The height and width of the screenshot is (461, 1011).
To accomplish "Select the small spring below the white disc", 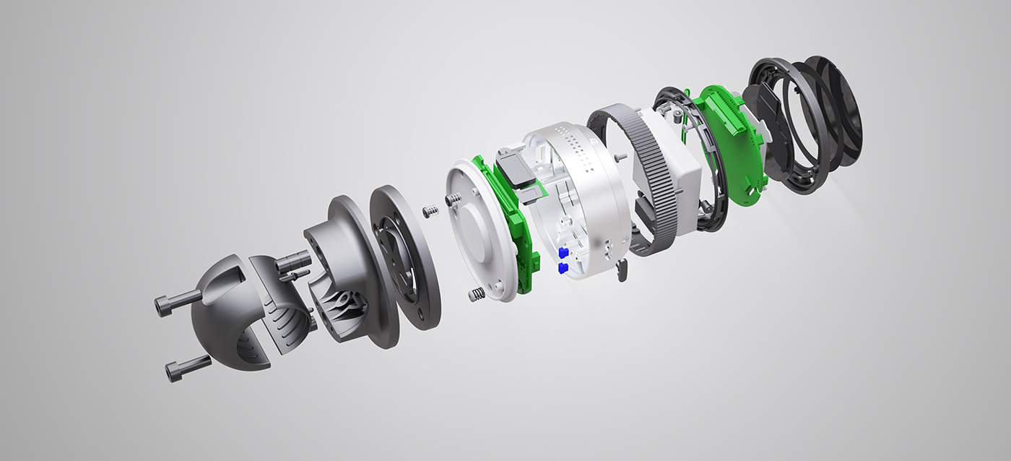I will (477, 295).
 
